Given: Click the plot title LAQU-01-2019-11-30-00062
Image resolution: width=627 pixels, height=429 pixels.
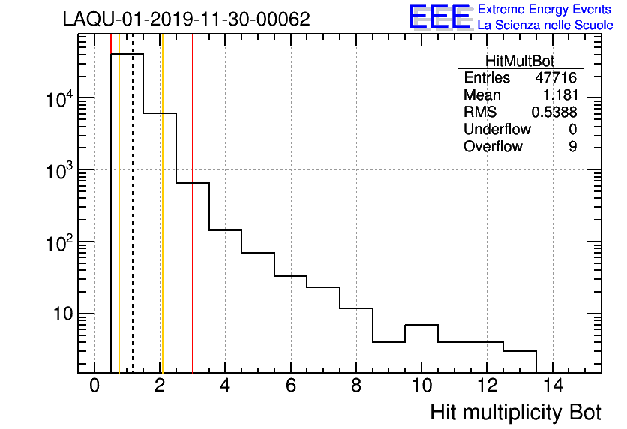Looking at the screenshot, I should pos(186,19).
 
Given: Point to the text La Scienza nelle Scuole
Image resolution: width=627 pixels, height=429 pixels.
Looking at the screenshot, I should pos(545,25).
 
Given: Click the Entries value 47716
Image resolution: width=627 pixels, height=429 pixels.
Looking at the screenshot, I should pos(556,78).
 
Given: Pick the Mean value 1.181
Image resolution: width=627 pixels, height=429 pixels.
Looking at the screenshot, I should pos(561,95).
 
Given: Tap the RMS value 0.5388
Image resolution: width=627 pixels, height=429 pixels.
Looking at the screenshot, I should pos(553,112).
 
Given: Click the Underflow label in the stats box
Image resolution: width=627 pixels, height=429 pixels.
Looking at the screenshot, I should pos(496,129).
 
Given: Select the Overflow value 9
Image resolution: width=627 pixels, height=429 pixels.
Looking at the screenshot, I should pos(572,146).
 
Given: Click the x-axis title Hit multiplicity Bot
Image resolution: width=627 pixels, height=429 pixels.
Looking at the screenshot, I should pos(515,412).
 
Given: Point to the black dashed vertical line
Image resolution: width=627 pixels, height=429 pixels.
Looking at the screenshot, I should pos(133,225).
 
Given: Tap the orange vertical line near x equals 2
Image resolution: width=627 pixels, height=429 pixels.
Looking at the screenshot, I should pos(161,225).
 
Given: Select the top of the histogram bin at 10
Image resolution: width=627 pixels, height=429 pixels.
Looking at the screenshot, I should pos(421,325).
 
